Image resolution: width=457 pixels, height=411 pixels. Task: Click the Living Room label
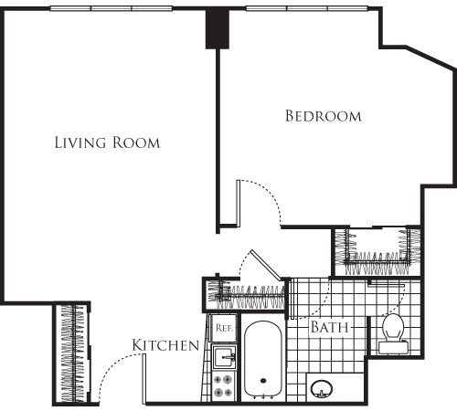point(107,142)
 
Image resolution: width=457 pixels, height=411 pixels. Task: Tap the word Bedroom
point(324,116)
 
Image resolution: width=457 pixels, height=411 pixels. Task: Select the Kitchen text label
point(165,345)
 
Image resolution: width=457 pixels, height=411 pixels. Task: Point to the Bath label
point(329,327)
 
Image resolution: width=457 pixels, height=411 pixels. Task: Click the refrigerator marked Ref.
point(224,328)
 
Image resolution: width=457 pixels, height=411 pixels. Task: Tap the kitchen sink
point(224,357)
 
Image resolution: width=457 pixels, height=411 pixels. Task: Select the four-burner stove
point(223,386)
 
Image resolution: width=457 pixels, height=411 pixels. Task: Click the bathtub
point(263,360)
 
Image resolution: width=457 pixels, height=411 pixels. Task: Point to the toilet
point(393,334)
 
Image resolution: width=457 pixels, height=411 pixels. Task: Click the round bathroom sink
point(322,389)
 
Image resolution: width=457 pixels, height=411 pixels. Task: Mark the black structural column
point(218,28)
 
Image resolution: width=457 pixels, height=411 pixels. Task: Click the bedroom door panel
point(239,204)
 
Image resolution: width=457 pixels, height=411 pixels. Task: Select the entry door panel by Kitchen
point(144,379)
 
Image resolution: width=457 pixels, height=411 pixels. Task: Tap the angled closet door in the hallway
point(265,265)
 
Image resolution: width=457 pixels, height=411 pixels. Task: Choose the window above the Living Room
point(112,8)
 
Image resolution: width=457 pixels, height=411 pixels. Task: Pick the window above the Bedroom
point(307,8)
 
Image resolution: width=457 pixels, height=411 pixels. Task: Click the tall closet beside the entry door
point(72,353)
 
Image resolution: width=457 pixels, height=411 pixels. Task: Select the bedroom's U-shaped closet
point(377,251)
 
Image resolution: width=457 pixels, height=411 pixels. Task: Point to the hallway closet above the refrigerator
point(245,295)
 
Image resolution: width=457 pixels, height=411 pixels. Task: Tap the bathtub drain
point(263,380)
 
